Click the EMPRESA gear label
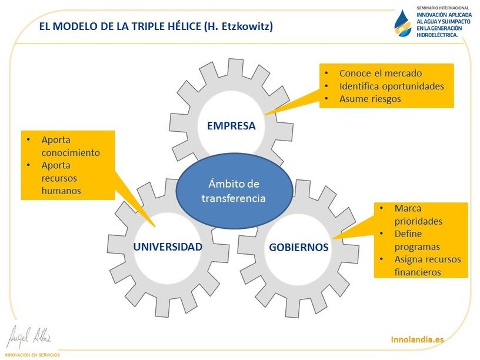pos(231,125)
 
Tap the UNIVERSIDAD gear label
pos(168,246)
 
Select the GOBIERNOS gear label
pos(298,247)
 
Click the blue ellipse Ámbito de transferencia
pos(234,191)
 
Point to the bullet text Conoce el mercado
pos(381,73)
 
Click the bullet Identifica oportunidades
pos(392,86)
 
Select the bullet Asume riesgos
pos(370,99)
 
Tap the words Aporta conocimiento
pos(71,146)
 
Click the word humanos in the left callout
pos(61,191)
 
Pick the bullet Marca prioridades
pos(418,215)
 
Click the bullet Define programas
pos(417,241)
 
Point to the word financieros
pos(418,272)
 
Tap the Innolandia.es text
pos(417,339)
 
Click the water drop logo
pos(402,24)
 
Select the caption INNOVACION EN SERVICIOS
pos(32,355)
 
